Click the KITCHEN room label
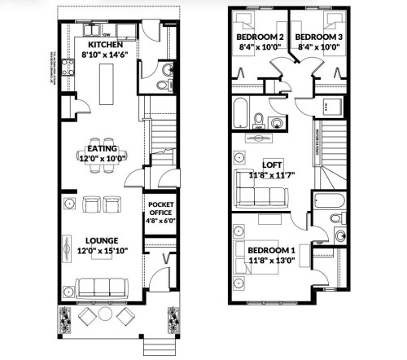pos(105,43)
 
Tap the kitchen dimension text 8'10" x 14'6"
pos(105,55)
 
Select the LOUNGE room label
pos(102,240)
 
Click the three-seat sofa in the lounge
pos(100,286)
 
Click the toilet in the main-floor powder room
pos(162,85)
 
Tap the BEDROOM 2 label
pos(260,38)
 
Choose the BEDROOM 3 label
pos(318,38)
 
